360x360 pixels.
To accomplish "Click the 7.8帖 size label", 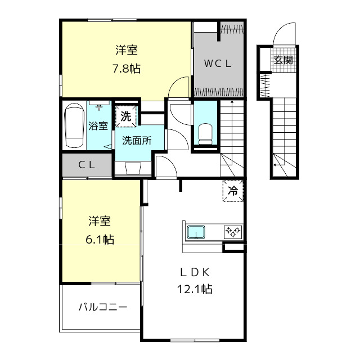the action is point(127,69).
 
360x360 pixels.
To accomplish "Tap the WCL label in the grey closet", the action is point(218,64).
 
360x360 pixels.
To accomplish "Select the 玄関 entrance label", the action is point(283,60).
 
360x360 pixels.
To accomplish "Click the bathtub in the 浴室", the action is point(74,125).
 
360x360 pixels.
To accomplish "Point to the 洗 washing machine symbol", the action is point(126,116).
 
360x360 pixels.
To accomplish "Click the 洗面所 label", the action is point(137,140).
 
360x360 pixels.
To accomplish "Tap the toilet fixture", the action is point(205,134).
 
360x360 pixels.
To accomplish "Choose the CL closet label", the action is point(87,165).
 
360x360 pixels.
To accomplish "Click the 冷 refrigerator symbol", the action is point(233,191).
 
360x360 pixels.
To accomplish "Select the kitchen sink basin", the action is point(196,232).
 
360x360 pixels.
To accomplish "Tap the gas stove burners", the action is point(233,232).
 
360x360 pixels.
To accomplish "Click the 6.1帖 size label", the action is point(100,240).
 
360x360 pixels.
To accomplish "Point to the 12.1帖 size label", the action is point(195,289).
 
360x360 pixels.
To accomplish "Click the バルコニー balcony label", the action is point(103,307).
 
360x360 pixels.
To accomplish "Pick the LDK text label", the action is point(195,272).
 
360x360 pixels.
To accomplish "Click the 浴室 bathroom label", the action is point(98,125).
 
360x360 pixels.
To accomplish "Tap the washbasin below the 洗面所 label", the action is point(133,169).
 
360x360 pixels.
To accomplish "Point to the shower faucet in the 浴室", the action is point(99,107).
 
